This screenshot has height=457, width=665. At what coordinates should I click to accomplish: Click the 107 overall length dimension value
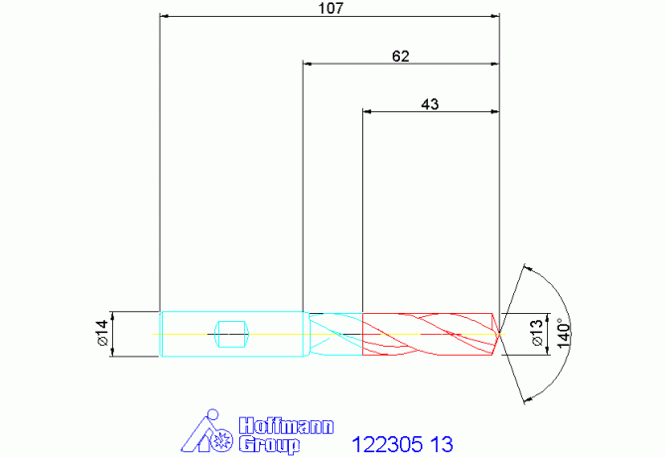[331, 8]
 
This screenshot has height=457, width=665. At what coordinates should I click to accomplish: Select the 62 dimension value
[401, 56]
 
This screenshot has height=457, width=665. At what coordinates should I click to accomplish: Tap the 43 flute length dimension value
[430, 104]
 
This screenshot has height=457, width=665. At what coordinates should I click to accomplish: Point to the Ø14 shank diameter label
[103, 334]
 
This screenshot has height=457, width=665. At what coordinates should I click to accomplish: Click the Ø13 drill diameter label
[536, 333]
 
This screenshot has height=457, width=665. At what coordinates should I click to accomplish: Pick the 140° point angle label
[564, 333]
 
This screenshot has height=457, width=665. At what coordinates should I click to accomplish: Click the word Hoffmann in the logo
[286, 426]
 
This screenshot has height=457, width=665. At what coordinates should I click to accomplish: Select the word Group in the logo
[269, 445]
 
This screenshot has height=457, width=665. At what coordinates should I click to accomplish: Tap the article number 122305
[387, 444]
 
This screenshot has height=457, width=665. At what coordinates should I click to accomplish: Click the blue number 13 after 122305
[442, 444]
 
